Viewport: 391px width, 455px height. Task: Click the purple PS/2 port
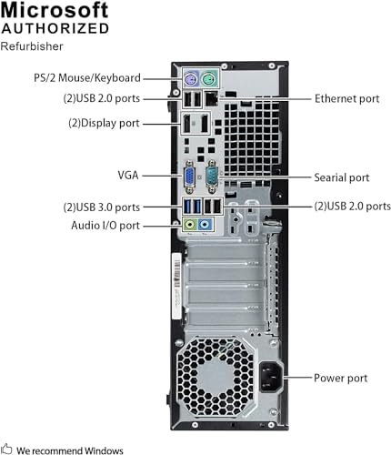coord(191,80)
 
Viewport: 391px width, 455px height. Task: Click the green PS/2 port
coord(209,80)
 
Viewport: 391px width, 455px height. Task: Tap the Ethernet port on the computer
coord(212,98)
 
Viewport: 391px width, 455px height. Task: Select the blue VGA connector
coord(189,177)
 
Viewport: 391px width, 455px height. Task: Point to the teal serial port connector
coord(212,177)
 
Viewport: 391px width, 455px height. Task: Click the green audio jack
coord(190,225)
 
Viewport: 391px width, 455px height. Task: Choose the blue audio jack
coord(205,225)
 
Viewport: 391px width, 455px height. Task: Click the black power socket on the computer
coord(271,378)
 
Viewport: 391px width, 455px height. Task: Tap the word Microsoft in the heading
coord(55,10)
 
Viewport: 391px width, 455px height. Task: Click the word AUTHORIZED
coord(55,28)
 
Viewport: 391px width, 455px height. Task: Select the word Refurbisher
coord(32,46)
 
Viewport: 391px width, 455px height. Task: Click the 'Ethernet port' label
coord(347,98)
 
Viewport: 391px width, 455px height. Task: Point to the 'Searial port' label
coord(342,177)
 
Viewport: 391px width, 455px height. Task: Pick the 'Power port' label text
coord(341,378)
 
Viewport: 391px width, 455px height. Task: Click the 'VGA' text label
coord(128,175)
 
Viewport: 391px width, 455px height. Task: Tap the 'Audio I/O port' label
coord(105,226)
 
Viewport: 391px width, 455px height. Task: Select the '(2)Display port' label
coord(104,123)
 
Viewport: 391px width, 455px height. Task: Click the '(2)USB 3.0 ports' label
coord(102,207)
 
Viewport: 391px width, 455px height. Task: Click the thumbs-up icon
coord(6,449)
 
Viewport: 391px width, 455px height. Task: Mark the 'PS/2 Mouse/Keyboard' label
coord(87,78)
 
